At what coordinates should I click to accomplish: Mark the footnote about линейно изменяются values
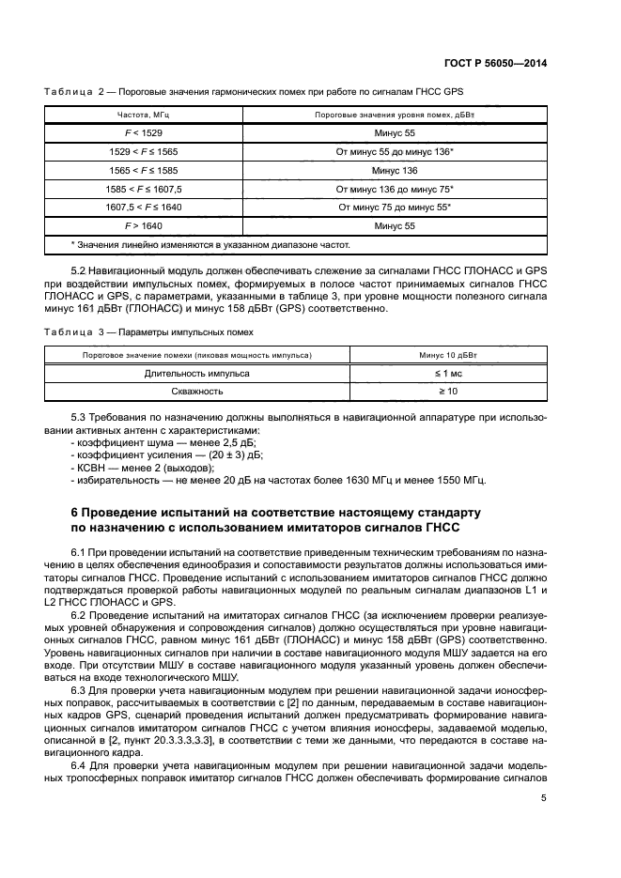(210, 244)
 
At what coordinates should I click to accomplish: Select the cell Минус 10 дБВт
(447, 355)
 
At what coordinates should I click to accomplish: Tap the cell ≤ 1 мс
(447, 373)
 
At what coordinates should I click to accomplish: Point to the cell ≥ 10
(447, 391)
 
